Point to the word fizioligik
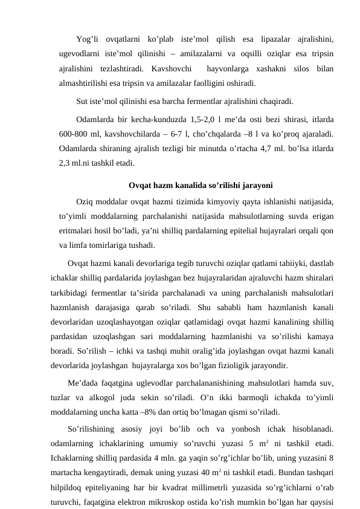click(x=222, y=366)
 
